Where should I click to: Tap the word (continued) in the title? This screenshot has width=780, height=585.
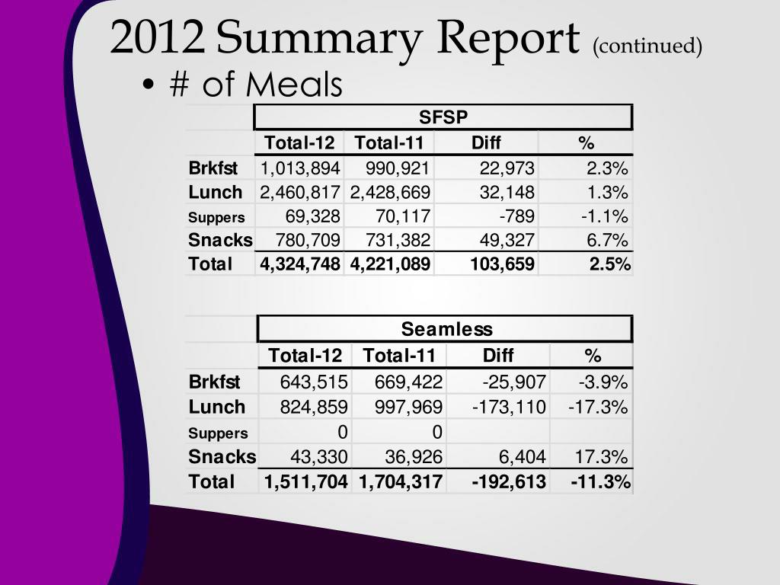click(647, 46)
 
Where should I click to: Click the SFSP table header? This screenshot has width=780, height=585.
click(443, 117)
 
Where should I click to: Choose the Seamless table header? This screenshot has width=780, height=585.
click(446, 329)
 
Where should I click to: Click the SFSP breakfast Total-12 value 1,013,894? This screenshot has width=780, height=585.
click(300, 168)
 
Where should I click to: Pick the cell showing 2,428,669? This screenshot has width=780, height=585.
click(390, 192)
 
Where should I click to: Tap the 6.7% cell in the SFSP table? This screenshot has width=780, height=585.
click(607, 241)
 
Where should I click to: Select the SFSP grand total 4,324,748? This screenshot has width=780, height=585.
click(300, 264)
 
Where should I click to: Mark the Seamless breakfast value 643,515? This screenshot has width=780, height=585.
click(314, 382)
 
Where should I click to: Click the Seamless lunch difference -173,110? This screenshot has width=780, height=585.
click(509, 407)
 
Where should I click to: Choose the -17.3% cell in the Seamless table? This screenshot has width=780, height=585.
click(598, 407)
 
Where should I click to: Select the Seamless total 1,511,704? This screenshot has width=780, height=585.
click(306, 481)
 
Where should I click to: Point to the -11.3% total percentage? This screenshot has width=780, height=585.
click(600, 481)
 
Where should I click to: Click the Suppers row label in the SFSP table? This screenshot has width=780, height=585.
click(217, 217)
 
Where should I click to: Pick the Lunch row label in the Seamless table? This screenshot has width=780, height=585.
click(217, 407)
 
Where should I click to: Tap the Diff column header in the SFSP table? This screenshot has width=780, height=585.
click(486, 143)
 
